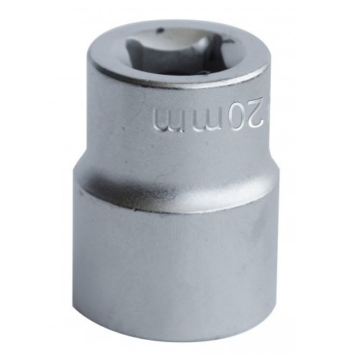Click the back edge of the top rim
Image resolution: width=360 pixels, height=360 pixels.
pos(180,19)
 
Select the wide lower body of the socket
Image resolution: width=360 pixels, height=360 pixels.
pos(173,266)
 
